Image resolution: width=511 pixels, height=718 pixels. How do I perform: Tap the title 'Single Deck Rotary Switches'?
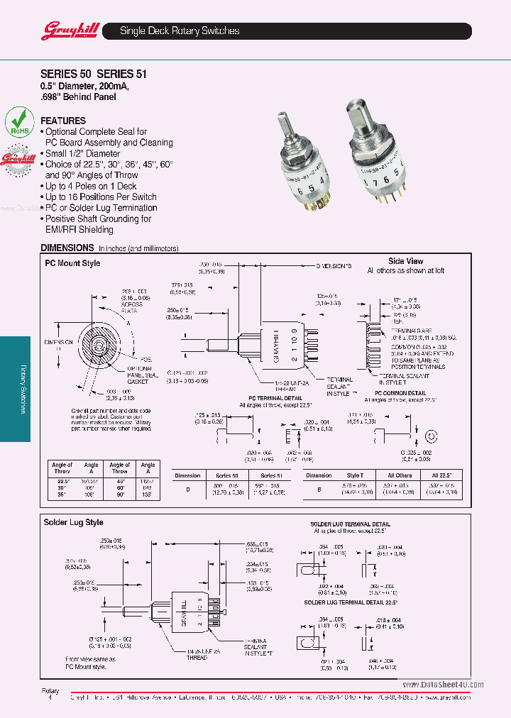[180, 31]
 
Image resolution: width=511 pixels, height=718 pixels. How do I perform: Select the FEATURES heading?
[63, 121]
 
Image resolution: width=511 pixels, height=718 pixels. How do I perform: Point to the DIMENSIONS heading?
[67, 248]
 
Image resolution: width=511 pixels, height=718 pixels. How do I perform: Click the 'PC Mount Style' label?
[72, 263]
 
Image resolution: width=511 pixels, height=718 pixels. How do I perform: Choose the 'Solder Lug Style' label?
[74, 522]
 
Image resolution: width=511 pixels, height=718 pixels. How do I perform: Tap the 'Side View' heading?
[405, 261]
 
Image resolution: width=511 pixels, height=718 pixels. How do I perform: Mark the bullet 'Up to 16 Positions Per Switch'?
[101, 197]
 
